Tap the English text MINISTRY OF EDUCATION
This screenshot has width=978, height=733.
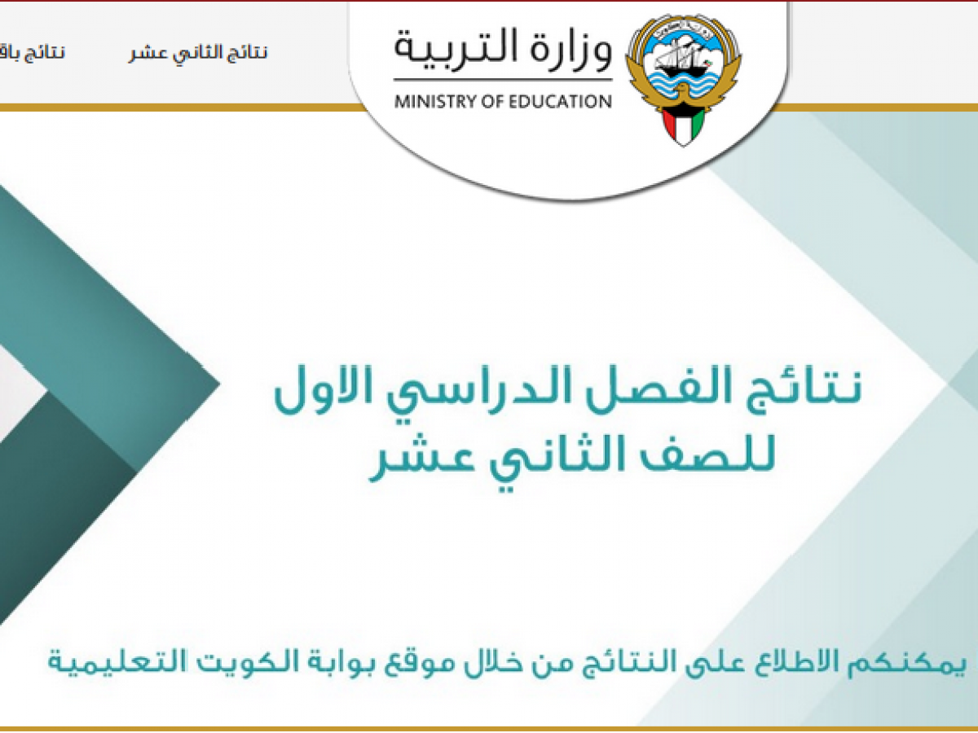tap(503, 102)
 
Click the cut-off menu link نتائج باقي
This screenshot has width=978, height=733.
tap(32, 53)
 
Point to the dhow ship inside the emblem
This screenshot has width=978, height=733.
tap(682, 56)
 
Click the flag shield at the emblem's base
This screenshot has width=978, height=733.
tap(683, 126)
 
